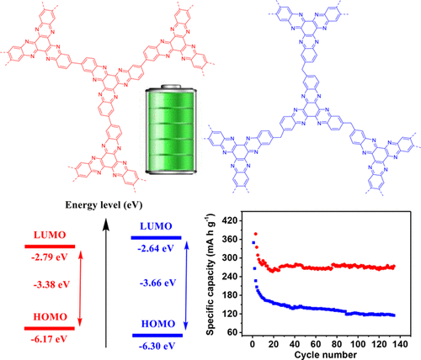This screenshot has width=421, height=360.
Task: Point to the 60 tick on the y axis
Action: [233, 334]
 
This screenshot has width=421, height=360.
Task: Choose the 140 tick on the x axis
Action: [402, 343]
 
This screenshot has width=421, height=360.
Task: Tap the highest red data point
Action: [255, 234]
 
